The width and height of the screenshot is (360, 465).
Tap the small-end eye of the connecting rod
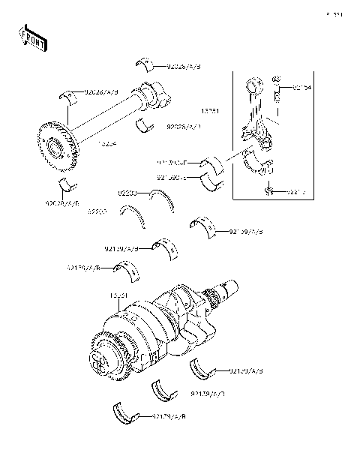pyautogui.click(x=251, y=79)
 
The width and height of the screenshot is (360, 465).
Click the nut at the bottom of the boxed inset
pyautogui.click(x=268, y=193)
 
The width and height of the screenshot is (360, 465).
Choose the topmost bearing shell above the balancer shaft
pyautogui.click(x=145, y=62)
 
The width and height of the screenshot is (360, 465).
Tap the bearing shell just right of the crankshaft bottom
pyautogui.click(x=201, y=368)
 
